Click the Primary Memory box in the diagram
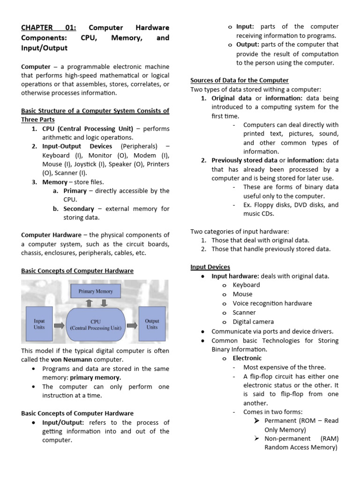[96, 291]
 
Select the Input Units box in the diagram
[39, 324]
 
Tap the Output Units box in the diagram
[152, 324]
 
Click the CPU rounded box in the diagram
[96, 325]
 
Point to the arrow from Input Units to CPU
[60, 325]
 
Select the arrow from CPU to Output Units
[132, 325]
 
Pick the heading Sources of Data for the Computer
[239, 80]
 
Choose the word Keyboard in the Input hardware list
[246, 285]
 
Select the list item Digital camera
[253, 322]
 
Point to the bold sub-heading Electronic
[247, 358]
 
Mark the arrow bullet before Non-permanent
[257, 438]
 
